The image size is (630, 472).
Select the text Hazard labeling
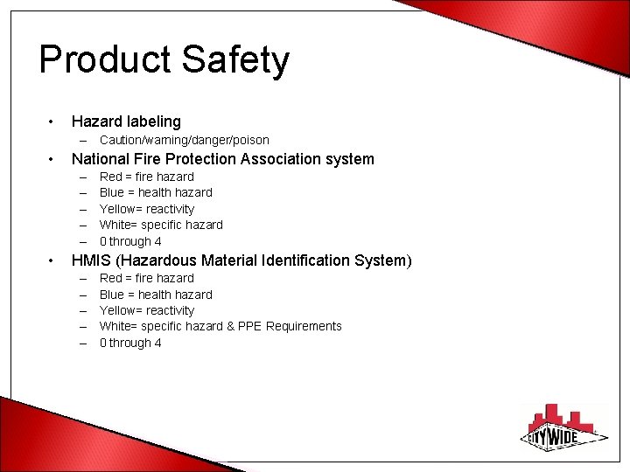coord(126,121)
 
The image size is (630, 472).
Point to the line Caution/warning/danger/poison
coord(184,140)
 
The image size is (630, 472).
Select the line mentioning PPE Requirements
coord(220,326)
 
